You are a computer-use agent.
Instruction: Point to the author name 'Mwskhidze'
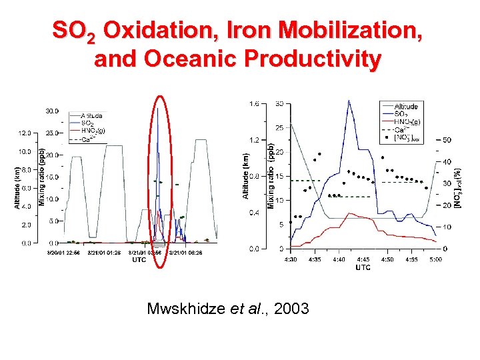pyautogui.click(x=183, y=308)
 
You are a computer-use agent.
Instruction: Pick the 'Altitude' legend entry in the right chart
pyautogui.click(x=406, y=107)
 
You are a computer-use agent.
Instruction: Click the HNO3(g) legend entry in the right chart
pyautogui.click(x=407, y=122)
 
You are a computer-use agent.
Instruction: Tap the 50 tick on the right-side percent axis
pyautogui.click(x=446, y=140)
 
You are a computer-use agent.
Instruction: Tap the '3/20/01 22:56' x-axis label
pyautogui.click(x=64, y=253)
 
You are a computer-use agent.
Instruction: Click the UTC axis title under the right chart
pyautogui.click(x=363, y=267)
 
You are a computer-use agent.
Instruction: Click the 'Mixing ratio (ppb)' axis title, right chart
pyautogui.click(x=271, y=175)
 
